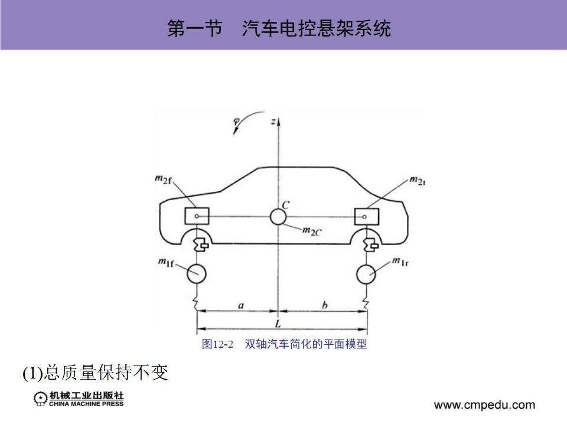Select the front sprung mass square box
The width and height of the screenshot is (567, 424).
click(x=197, y=217)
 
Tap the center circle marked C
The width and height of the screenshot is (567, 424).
click(x=278, y=217)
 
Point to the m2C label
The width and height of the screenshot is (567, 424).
click(x=311, y=231)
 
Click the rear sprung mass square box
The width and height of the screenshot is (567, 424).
click(x=365, y=217)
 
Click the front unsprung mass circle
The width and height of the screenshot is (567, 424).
click(x=197, y=273)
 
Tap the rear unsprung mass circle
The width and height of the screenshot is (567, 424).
click(x=367, y=273)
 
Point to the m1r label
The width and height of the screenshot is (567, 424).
click(x=400, y=262)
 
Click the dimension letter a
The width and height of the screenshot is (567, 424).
click(x=240, y=305)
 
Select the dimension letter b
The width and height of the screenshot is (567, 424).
click(x=324, y=305)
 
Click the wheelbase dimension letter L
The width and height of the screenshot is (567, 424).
click(x=278, y=323)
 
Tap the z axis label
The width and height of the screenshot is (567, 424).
click(x=273, y=121)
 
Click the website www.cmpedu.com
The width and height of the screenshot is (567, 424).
click(x=484, y=405)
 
